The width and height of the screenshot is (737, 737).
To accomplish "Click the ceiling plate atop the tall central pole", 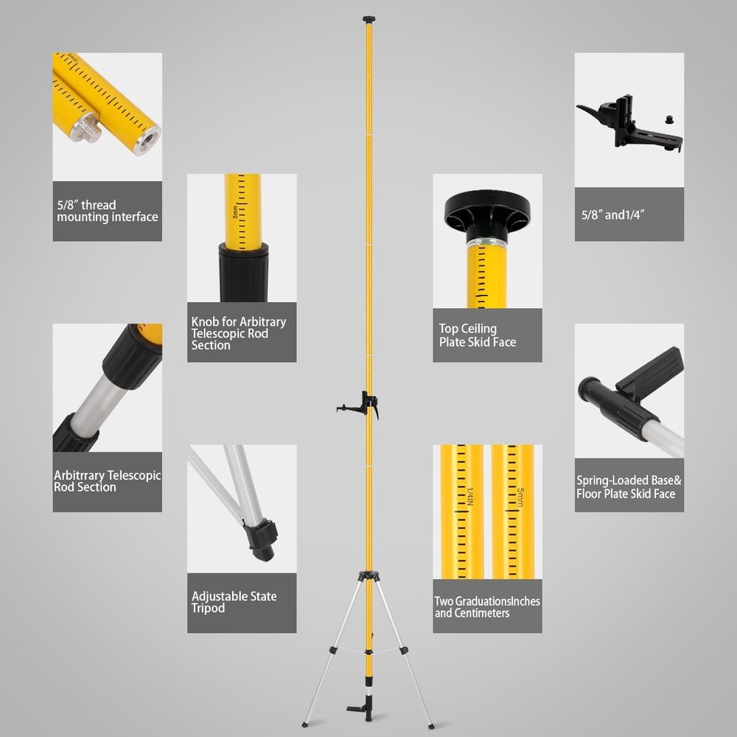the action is point(369,19).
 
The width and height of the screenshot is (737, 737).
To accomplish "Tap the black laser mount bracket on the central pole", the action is point(360,404).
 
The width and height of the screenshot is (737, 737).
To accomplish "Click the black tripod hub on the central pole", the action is point(368,576).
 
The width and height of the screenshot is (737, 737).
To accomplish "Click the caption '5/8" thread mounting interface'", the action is point(107,211).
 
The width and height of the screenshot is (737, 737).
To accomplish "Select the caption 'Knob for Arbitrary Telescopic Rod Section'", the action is point(239,333).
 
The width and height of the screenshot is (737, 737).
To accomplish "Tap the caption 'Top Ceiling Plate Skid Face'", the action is point(477,335).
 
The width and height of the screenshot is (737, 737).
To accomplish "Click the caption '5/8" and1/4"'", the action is point(612,214).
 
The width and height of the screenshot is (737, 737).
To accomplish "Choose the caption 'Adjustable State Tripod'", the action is point(234,602).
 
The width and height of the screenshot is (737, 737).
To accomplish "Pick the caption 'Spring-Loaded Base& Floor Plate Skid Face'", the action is point(629,487).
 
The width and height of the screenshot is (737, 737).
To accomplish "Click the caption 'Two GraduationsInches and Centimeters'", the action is point(487,607).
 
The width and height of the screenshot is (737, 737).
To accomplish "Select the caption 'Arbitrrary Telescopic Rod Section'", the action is point(107,481).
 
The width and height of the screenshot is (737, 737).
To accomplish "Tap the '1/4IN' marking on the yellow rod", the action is point(470,496).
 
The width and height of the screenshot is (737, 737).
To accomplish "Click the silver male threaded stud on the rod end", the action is point(88,128).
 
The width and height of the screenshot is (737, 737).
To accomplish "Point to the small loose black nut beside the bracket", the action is point(669,119).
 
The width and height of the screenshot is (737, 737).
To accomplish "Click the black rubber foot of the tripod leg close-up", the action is point(261,540).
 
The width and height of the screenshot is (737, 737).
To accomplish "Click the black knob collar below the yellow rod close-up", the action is point(243,272).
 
